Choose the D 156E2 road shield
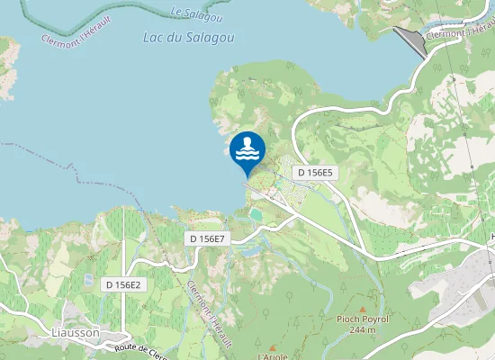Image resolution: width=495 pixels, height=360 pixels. click(124, 284)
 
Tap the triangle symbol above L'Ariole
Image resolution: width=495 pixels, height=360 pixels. click(272, 346)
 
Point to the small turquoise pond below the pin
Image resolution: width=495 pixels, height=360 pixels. click(257, 215)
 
